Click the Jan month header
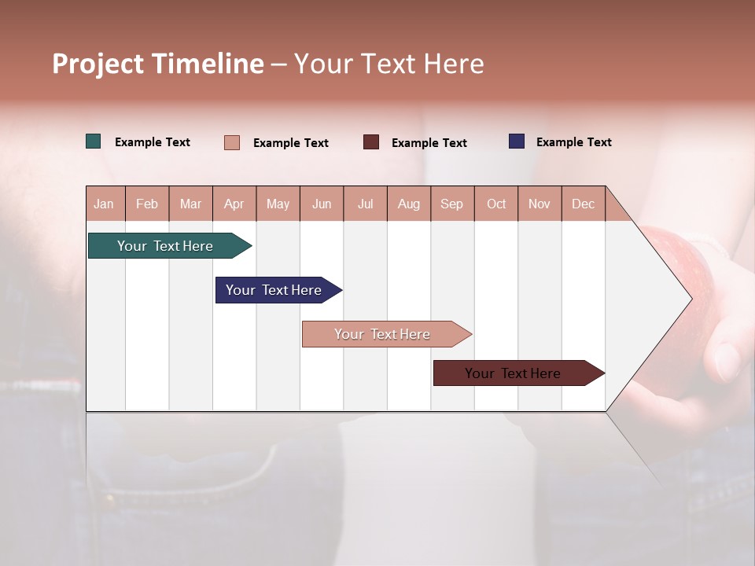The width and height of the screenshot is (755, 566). [104, 204]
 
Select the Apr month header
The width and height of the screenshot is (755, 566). [234, 204]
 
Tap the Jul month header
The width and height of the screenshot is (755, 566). [365, 204]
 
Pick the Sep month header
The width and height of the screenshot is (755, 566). [451, 204]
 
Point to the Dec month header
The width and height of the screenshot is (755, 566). [583, 204]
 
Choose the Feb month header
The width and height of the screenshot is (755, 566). [147, 204]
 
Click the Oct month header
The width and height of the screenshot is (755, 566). [495, 204]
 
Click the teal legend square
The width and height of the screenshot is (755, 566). [94, 141]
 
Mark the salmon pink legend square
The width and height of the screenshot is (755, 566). [232, 142]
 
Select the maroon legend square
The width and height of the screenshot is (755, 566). [371, 142]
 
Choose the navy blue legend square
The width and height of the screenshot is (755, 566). [517, 141]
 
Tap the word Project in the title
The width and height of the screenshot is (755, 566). [98, 64]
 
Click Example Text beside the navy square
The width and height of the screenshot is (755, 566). [573, 142]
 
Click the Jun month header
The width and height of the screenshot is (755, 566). [322, 204]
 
